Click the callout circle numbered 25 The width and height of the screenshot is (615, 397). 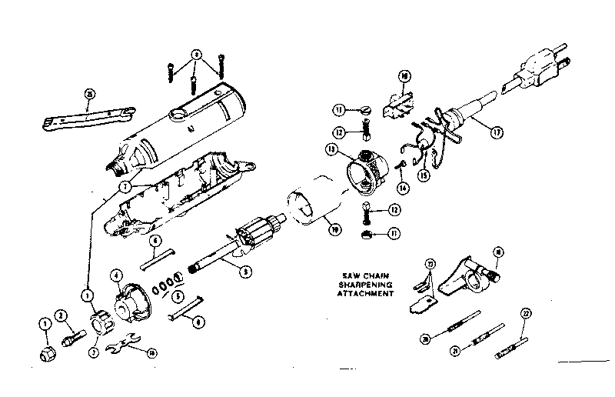[90, 94]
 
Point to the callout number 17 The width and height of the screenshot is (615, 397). [497, 132]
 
